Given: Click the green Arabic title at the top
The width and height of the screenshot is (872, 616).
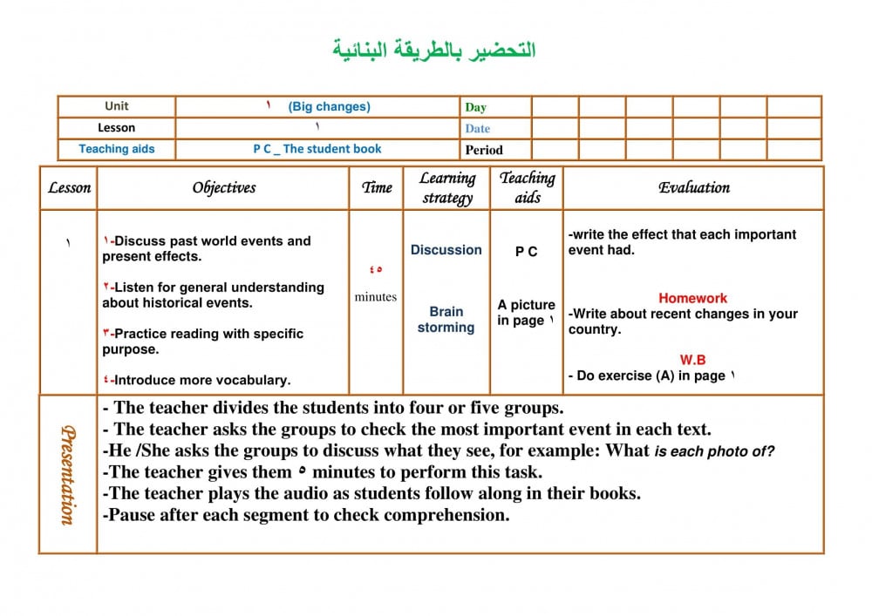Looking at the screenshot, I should point(434,50).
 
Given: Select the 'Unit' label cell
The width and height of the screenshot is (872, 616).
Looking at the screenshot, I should point(116,106).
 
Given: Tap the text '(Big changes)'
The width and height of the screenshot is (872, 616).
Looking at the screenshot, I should point(329,106).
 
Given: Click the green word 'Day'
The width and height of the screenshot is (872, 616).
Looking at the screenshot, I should point(475,107).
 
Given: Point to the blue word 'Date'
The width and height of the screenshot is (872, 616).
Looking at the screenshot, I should point(477,128).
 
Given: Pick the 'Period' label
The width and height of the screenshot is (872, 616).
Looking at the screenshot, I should point(484,150).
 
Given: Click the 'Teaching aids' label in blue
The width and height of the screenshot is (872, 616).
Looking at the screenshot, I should point(116,149).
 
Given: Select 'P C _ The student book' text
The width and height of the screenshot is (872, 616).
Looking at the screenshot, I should point(317,149).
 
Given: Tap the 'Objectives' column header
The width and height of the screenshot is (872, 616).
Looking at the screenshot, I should point(224,187).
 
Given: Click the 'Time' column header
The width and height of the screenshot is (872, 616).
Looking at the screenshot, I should point(377,187).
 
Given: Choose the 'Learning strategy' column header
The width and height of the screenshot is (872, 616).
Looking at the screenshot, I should point(447,187).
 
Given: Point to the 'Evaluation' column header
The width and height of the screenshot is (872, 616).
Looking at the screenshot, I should point(694,187).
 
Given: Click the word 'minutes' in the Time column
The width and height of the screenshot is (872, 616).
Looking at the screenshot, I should point(375,297).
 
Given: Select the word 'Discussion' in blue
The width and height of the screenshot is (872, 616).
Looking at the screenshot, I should point(446,250).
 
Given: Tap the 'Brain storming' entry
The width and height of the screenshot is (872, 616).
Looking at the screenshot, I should point(446,320).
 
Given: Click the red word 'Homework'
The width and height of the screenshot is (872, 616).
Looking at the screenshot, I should point(692,298).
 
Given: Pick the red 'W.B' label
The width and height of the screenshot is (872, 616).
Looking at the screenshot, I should point(692,360).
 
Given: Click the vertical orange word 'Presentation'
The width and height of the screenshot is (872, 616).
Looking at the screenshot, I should point(67,475).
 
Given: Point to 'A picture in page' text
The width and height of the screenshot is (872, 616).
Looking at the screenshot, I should point(526,313).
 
